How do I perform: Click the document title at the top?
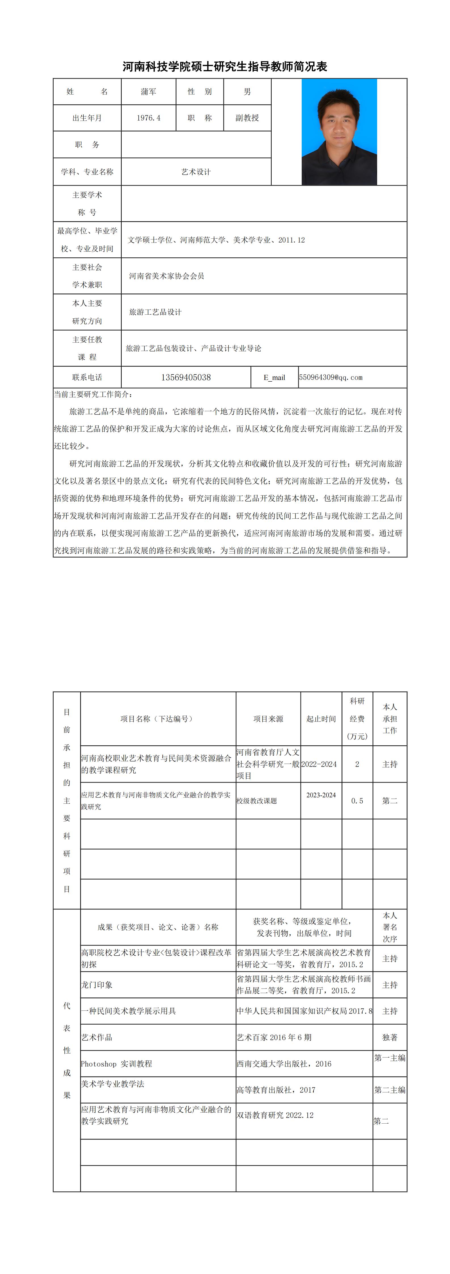225,67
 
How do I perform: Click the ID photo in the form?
339,132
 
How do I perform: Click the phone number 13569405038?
186,377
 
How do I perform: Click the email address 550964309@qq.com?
330,377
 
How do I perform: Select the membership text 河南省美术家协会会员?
167,276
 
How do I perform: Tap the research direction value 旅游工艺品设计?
155,312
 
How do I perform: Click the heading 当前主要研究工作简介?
93,394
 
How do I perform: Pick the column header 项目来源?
268,719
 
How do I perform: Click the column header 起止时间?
321,719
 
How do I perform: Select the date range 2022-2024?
319,764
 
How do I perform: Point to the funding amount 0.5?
357,801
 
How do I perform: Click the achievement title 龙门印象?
97,985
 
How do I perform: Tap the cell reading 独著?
390,1037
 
